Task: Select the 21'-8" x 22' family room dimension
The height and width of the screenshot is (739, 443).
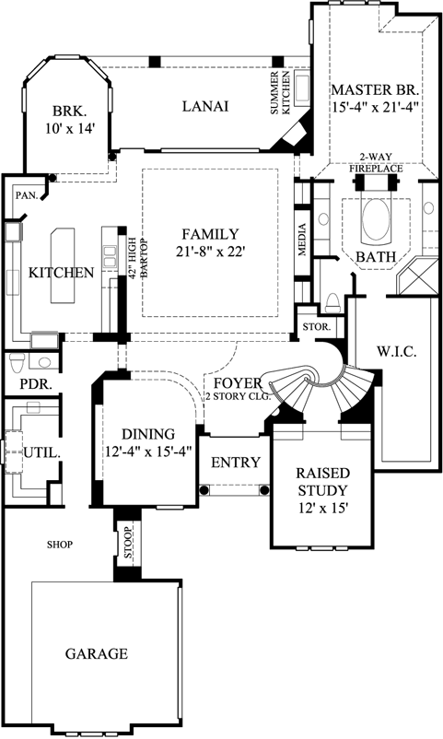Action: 210,252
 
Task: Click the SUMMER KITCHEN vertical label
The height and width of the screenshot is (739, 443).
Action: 279,91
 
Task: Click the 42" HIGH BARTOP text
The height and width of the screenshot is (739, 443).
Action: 133,260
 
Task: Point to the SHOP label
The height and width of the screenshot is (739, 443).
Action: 60,545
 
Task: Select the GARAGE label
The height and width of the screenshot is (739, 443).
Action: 96,654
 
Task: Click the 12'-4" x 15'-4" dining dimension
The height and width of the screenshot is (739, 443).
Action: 149,452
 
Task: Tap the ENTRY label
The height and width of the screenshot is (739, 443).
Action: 235,463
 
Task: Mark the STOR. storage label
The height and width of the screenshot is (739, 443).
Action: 311,328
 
